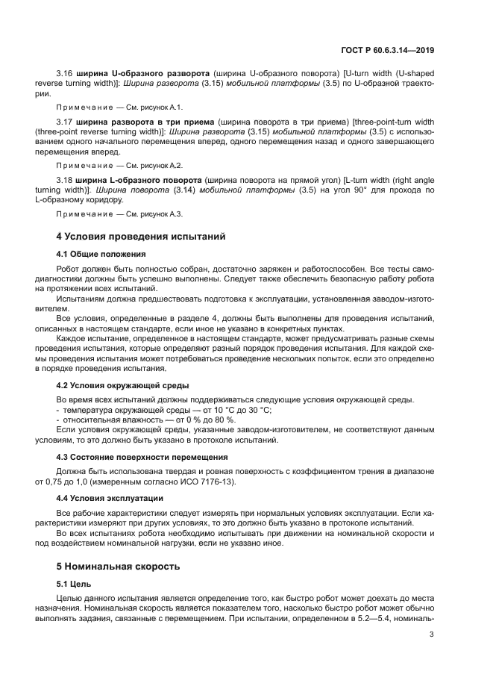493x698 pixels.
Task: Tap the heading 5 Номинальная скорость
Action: click(x=118, y=566)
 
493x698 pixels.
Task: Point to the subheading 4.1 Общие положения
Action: click(x=101, y=254)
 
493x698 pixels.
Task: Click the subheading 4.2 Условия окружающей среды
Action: click(x=122, y=385)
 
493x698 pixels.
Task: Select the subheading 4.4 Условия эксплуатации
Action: click(x=110, y=498)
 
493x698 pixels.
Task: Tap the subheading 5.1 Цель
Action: click(x=73, y=584)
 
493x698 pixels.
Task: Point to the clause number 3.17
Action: click(x=66, y=121)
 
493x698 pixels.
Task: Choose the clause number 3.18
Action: click(x=66, y=181)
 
